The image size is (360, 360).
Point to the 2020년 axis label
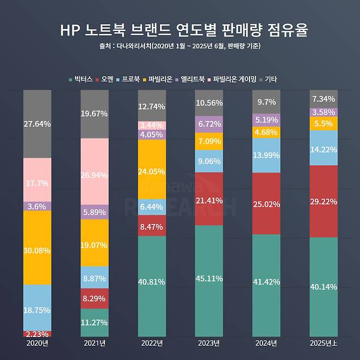(x=37, y=343)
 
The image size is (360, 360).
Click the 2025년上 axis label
(x=323, y=343)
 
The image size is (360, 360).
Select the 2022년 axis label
(x=152, y=343)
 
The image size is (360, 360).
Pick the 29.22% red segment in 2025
(x=323, y=201)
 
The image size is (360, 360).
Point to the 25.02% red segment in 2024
(x=266, y=204)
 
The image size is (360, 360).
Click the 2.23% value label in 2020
(x=37, y=334)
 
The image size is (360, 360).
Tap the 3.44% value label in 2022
(x=152, y=125)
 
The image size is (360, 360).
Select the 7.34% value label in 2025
(x=323, y=98)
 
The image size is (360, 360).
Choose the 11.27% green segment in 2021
(x=95, y=322)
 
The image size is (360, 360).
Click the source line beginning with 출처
(x=179, y=47)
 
